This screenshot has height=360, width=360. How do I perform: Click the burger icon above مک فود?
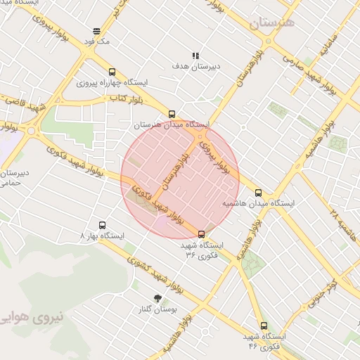pyautogui.click(x=96, y=30)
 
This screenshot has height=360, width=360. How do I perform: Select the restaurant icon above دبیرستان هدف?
pyautogui.click(x=195, y=56)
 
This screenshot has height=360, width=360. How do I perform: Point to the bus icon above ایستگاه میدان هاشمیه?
pyautogui.click(x=258, y=192)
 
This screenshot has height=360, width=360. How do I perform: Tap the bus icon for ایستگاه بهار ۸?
pyautogui.click(x=103, y=226)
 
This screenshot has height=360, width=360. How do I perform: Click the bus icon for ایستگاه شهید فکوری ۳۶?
pyautogui.click(x=202, y=234)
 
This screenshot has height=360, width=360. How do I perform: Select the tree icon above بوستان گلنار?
pyautogui.click(x=157, y=298)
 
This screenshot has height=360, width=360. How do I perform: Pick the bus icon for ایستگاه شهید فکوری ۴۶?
pyautogui.click(x=264, y=326)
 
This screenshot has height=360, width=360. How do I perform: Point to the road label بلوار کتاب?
pyautogui.click(x=122, y=99)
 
